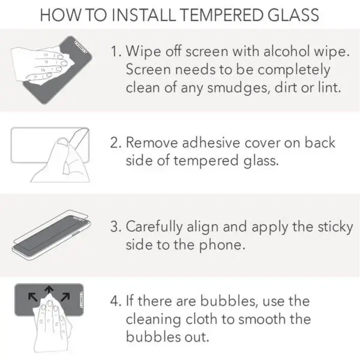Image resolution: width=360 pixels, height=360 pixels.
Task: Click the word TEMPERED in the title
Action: [221, 15]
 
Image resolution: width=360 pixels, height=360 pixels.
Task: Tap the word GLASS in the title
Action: [293, 15]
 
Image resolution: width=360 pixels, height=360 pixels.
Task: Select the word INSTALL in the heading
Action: [143, 15]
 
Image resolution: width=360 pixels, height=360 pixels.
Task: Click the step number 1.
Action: [116, 51]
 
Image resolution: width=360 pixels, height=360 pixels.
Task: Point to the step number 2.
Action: [116, 143]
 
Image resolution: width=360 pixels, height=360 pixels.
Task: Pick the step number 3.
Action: [116, 226]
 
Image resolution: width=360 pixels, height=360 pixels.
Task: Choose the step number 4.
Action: [116, 301]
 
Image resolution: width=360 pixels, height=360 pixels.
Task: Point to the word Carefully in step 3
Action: [154, 227]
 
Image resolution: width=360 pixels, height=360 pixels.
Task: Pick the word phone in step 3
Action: [220, 245]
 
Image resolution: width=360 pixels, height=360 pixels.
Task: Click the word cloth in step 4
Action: [202, 319]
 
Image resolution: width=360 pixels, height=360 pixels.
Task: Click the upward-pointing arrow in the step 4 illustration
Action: [49, 290]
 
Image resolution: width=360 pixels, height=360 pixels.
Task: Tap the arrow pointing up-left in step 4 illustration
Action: [32, 296]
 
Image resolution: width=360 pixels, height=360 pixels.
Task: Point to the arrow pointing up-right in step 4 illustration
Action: [65, 296]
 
